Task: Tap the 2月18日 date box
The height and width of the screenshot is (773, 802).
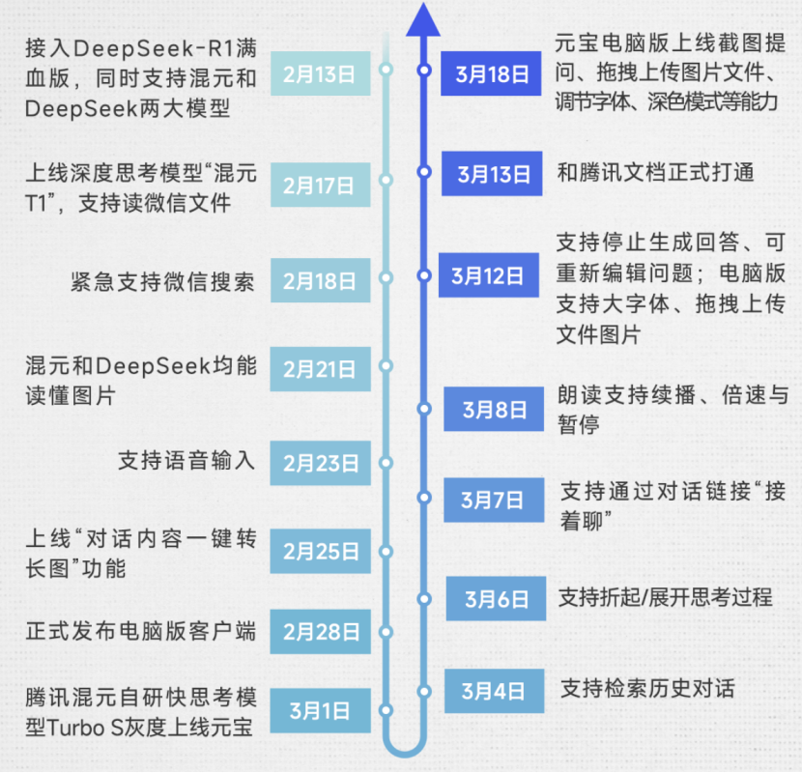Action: (319, 281)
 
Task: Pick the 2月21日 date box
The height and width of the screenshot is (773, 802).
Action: (319, 368)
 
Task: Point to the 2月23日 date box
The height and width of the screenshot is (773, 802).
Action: (320, 463)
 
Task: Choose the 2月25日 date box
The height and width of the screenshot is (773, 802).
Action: (320, 552)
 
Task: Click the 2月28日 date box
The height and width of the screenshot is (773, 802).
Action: (320, 633)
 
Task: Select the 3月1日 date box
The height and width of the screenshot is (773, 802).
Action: (320, 711)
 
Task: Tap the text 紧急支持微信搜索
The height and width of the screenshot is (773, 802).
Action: (162, 281)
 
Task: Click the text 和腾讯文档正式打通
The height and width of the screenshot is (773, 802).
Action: (655, 173)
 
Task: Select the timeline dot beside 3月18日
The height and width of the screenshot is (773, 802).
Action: (423, 71)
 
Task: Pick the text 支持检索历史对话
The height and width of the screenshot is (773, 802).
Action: (646, 689)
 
